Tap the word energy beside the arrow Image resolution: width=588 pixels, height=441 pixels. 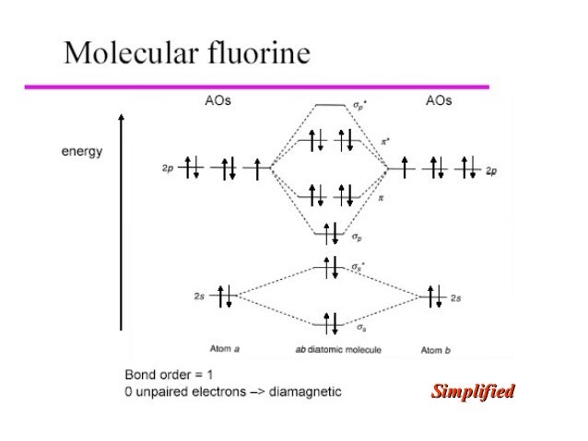pyautogui.click(x=82, y=151)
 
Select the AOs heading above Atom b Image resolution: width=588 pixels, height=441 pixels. pyautogui.click(x=439, y=101)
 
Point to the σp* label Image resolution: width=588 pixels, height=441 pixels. pyautogui.click(x=359, y=107)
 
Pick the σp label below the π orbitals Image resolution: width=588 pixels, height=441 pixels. pyautogui.click(x=356, y=237)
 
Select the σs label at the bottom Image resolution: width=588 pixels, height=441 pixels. pyautogui.click(x=355, y=327)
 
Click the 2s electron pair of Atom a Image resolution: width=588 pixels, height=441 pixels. pyautogui.click(x=223, y=296)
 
